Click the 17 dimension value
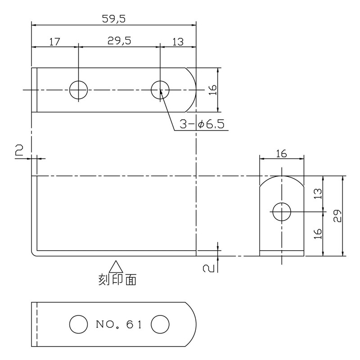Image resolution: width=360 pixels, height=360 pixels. (x=54, y=42)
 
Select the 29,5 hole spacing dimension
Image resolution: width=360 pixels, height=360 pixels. (x=119, y=41)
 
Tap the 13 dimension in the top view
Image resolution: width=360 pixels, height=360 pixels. (x=178, y=42)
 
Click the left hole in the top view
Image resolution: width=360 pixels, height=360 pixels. (x=78, y=90)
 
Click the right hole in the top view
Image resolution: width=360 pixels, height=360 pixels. (x=160, y=90)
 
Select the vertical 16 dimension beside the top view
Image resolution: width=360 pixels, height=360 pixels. (x=213, y=90)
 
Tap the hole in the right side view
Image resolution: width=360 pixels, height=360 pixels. (x=282, y=211)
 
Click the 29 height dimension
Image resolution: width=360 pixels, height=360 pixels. (x=338, y=216)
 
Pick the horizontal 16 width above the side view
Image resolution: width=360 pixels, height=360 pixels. (x=281, y=154)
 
